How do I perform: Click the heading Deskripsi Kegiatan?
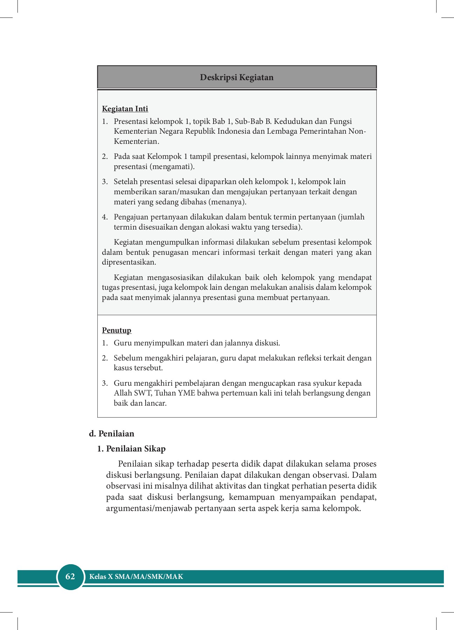point(237,77)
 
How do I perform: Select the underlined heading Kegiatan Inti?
point(125,109)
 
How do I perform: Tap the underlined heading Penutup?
point(117,330)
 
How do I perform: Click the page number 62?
point(70,576)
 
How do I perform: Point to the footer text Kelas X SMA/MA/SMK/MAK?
point(136,576)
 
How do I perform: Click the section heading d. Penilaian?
point(112,434)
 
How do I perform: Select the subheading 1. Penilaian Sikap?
point(131,449)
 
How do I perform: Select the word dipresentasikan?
point(129,262)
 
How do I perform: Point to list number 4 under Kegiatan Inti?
point(105,217)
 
